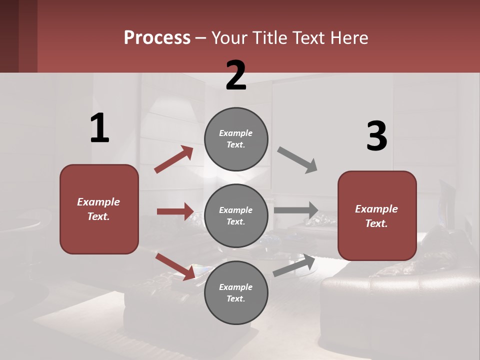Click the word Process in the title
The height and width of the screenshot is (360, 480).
pos(157,38)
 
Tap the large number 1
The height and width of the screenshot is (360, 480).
pos(99,128)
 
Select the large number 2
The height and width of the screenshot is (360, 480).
pos(236,75)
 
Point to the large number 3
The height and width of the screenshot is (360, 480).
pos(376,136)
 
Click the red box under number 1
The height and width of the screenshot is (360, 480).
pos(99,209)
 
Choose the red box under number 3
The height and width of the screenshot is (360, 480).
pos(377,216)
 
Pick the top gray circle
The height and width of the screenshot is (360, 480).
pos(236,139)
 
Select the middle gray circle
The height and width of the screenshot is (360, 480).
pos(236,216)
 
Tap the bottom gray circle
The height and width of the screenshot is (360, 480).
pos(236,293)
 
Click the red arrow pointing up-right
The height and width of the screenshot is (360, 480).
pos(174,159)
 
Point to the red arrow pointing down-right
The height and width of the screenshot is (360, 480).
pos(175,266)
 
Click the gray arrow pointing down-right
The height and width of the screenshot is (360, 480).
pos(297,160)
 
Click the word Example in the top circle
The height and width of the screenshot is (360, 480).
pos(236,133)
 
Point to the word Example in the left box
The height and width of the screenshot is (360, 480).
pos(98,202)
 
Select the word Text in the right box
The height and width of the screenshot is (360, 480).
pos(376,223)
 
